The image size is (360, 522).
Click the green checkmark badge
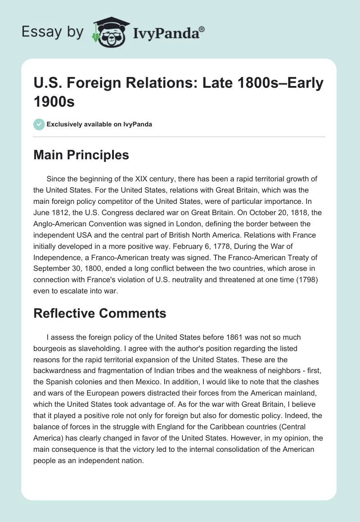click(39, 124)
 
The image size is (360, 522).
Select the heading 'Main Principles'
click(81, 155)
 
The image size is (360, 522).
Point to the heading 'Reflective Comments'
click(100, 313)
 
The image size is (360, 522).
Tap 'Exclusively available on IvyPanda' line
click(100, 124)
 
